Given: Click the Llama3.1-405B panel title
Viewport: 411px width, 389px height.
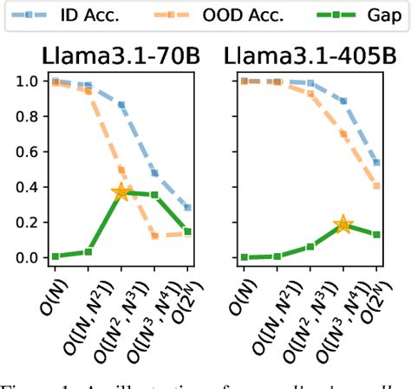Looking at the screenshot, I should [306, 57].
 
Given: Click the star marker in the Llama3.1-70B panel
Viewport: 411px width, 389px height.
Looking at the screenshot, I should [122, 191].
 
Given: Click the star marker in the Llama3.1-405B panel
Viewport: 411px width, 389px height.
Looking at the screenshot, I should [343, 224].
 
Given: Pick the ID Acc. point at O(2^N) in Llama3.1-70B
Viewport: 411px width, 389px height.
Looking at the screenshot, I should [187, 208].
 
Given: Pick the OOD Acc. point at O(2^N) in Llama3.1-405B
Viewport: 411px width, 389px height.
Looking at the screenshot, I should [376, 185].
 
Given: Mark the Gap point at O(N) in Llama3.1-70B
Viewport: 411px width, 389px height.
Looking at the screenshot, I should [55, 256].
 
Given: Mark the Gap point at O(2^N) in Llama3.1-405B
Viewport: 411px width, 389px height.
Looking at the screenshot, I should [376, 234].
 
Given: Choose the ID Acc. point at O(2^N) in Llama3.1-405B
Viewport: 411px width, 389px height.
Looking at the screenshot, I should [376, 162].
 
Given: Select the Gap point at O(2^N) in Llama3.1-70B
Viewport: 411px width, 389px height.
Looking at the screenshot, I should [187, 231].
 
